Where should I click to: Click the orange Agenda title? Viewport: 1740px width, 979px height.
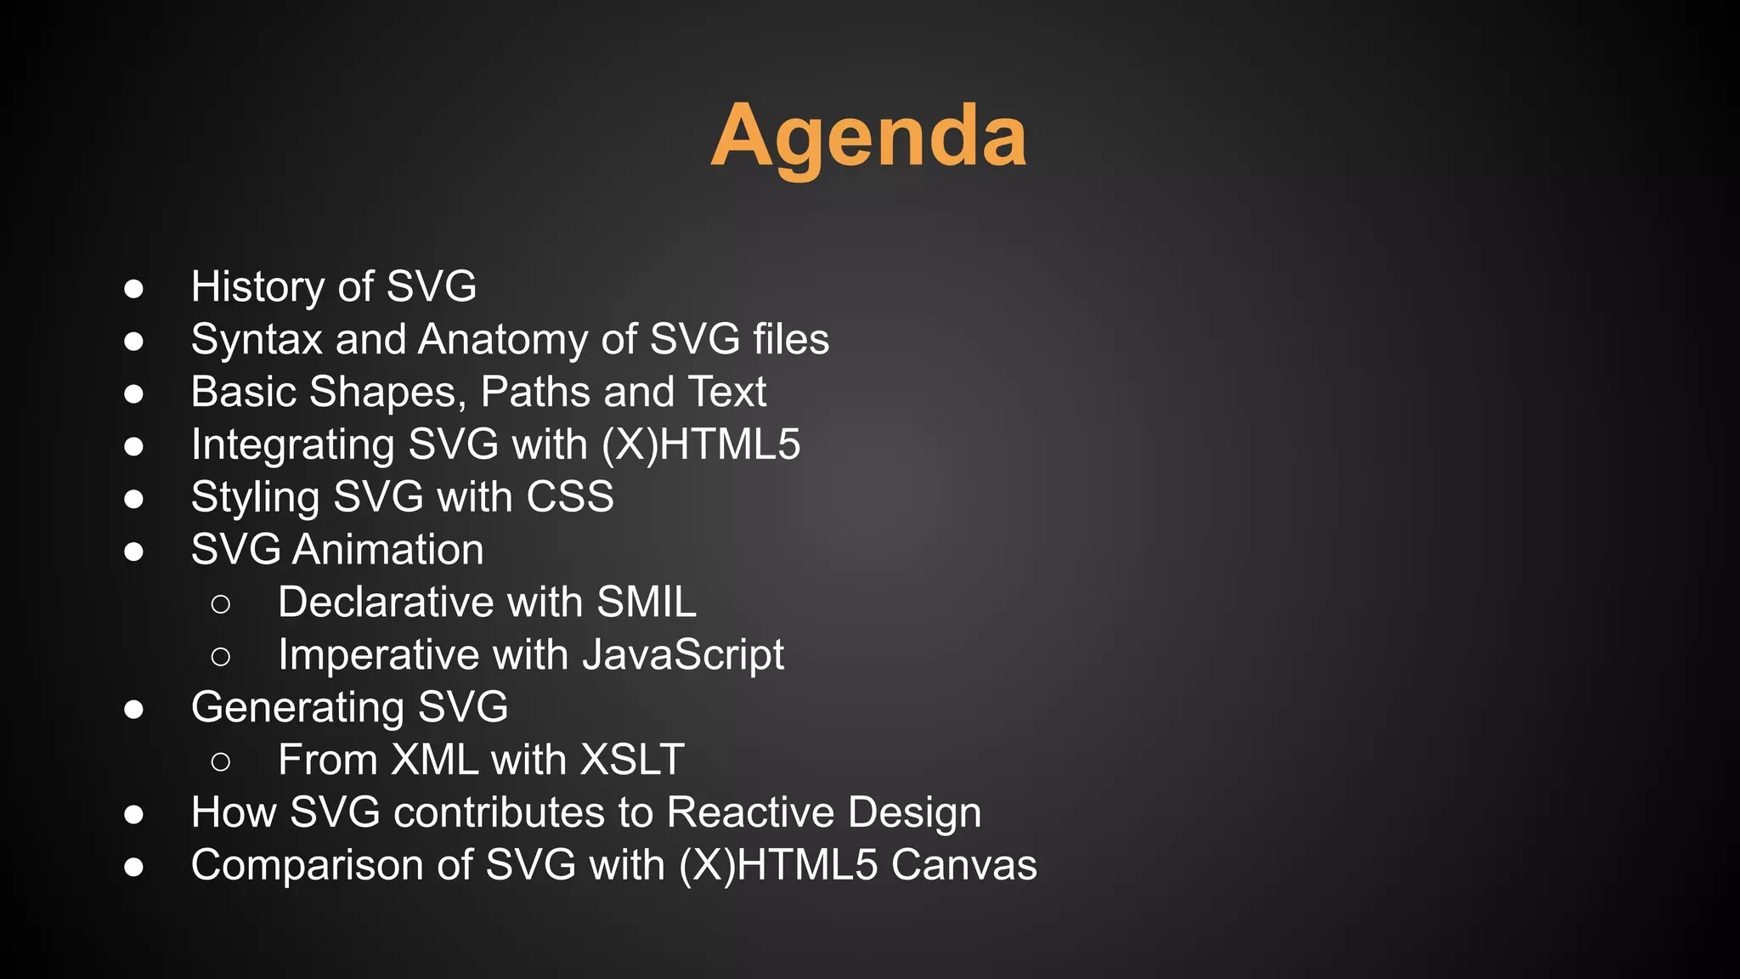pyautogui.click(x=868, y=137)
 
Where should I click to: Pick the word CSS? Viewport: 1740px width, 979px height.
pyautogui.click(x=569, y=497)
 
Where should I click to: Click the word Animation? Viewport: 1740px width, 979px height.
pyautogui.click(x=387, y=550)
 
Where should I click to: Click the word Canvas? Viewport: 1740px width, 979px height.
pyautogui.click(x=963, y=865)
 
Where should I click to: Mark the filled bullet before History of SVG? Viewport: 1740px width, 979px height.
pyautogui.click(x=133, y=288)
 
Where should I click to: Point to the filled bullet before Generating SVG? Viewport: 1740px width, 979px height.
pyautogui.click(x=133, y=709)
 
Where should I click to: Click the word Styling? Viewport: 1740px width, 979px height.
pyautogui.click(x=255, y=497)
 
